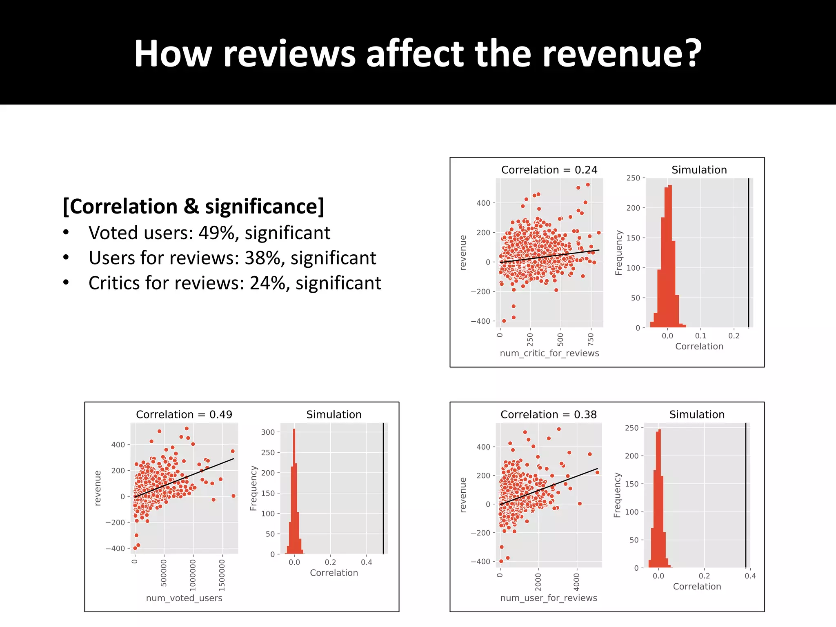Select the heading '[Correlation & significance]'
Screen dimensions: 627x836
tap(193, 207)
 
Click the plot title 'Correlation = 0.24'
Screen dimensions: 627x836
tap(549, 170)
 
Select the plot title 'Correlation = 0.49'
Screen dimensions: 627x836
tap(184, 415)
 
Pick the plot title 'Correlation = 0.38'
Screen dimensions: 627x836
tap(548, 415)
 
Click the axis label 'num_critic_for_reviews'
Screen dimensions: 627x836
tap(549, 354)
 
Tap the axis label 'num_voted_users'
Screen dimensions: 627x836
tap(184, 598)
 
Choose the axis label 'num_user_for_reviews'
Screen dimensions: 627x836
tap(549, 598)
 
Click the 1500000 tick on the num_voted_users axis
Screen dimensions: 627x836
tap(222, 575)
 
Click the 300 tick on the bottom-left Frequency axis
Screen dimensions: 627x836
tap(268, 432)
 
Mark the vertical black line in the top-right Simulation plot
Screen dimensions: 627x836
tap(749, 253)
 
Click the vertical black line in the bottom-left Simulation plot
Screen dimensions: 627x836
tap(383, 488)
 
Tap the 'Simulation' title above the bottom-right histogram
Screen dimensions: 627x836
tap(697, 415)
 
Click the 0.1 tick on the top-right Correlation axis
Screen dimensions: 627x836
tap(700, 336)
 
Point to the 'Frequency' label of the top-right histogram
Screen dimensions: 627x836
tap(619, 253)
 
